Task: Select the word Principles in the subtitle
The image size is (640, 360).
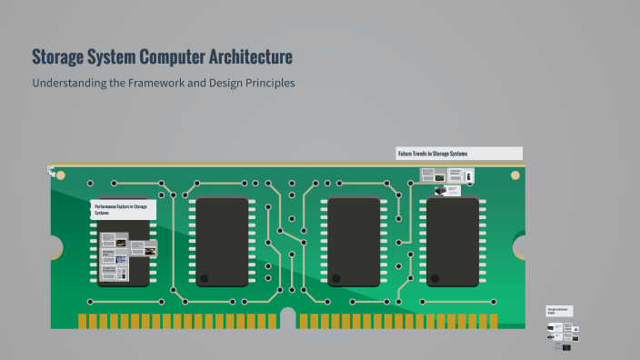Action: click(266, 83)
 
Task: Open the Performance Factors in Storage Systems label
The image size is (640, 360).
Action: click(123, 210)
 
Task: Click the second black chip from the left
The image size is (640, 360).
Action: click(222, 241)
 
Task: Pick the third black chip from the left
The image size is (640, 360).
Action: click(354, 241)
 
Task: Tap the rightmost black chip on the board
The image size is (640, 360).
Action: click(453, 241)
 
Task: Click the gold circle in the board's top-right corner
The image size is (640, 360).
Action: click(515, 175)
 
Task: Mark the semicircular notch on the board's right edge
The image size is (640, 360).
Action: click(520, 246)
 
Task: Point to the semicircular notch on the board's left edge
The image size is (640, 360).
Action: click(55, 246)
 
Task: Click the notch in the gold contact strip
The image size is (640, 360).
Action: click(288, 319)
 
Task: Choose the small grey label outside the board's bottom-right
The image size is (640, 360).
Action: click(559, 311)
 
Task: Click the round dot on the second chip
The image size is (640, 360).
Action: click(205, 278)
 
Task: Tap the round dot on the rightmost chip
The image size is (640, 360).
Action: click(435, 278)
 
